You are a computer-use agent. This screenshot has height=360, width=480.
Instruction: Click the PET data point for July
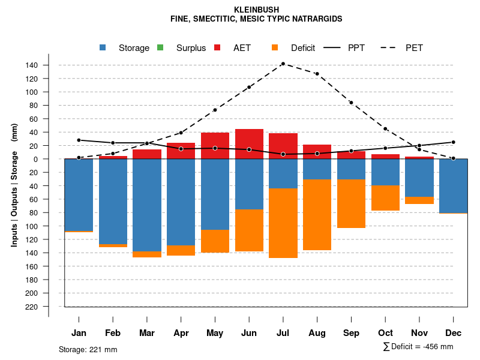click(x=283, y=64)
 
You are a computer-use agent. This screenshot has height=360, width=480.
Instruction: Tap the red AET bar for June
click(x=249, y=144)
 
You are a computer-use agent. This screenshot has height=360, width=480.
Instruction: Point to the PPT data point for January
click(x=79, y=140)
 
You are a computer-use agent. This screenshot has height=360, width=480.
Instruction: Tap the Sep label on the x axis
click(x=351, y=333)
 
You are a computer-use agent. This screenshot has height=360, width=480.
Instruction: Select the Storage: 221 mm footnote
click(x=88, y=349)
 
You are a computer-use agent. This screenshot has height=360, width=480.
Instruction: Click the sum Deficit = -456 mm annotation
click(x=418, y=347)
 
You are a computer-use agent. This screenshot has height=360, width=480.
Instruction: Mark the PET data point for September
click(x=351, y=103)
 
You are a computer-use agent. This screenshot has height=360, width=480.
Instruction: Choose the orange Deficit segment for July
click(x=283, y=223)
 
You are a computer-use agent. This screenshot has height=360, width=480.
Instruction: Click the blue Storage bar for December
click(x=453, y=186)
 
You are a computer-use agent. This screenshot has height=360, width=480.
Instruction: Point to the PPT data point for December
click(x=453, y=142)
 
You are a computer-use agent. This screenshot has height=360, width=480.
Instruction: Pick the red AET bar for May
click(x=215, y=146)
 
